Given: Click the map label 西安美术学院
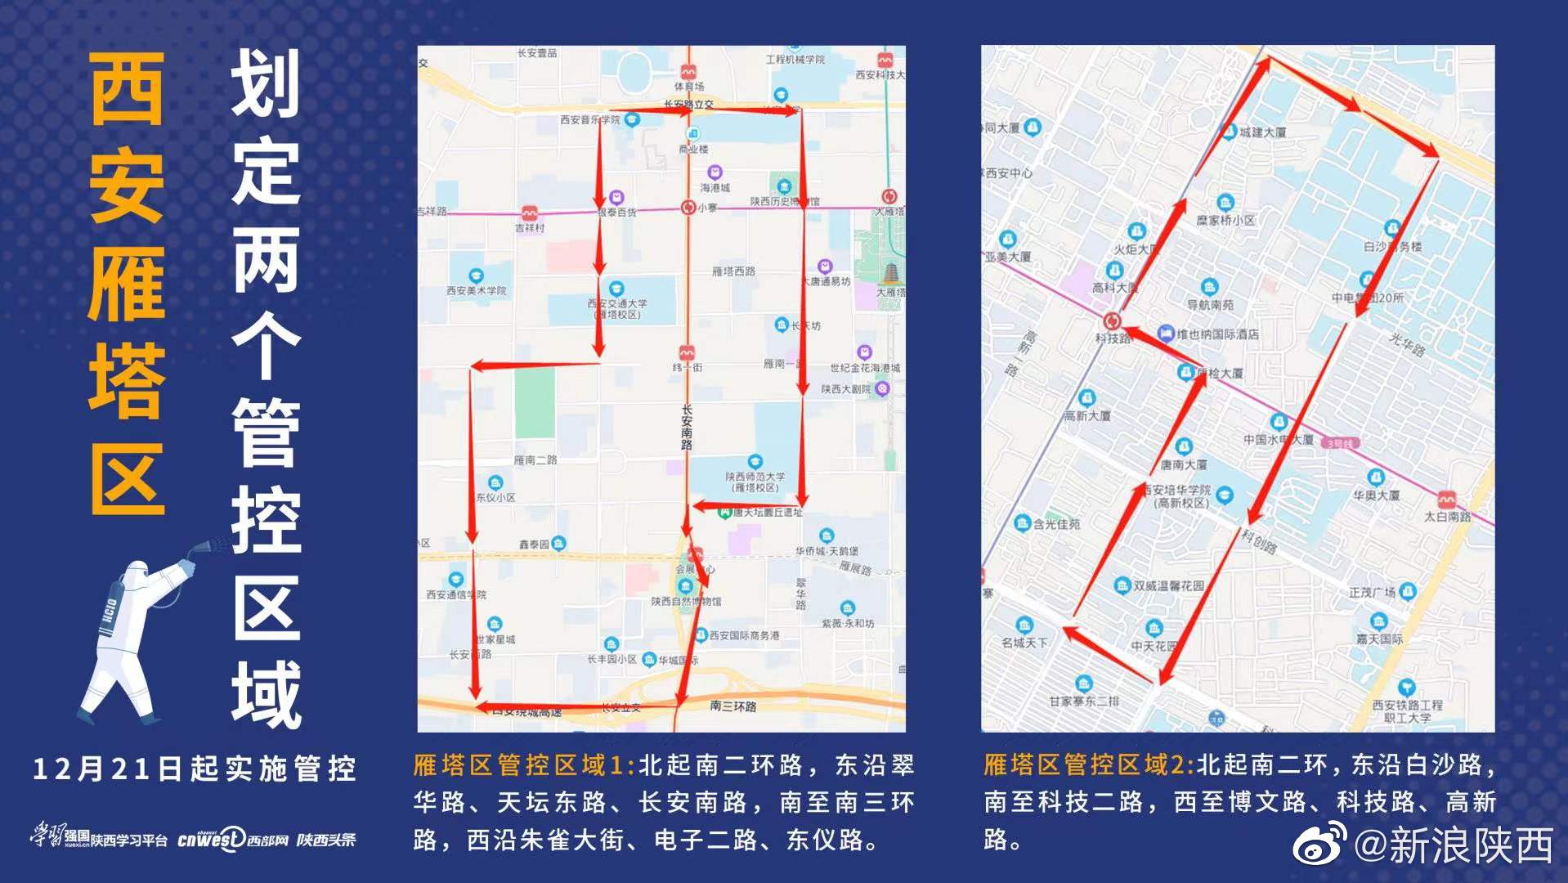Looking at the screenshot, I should tap(476, 290).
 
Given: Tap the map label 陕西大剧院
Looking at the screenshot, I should tap(846, 389).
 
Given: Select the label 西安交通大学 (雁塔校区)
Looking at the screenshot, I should tap(617, 308).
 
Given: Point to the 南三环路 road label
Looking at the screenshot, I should tap(732, 706).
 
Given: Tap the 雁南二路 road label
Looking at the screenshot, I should tap(535, 460).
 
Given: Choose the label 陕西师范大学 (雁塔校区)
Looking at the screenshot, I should tap(755, 482).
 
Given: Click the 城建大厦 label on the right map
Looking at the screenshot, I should tap(1262, 132).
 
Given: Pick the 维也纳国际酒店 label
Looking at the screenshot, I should tap(1217, 334).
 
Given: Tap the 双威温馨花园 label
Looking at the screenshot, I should tap(1168, 585).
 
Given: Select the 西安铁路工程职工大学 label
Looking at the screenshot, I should tap(1407, 711).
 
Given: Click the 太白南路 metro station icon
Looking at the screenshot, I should tap(1446, 499).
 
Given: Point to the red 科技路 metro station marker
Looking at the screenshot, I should tap(1112, 320).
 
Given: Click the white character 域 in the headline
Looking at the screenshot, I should tap(267, 694).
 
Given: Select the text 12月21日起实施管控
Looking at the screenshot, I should tap(195, 769).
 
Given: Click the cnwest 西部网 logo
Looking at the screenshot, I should tap(233, 839).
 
